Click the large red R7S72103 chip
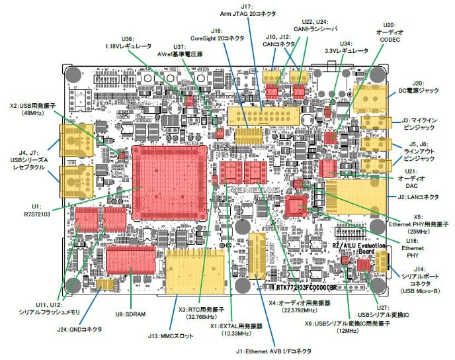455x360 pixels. click(171, 183)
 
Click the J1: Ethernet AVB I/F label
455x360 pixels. click(278, 351)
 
